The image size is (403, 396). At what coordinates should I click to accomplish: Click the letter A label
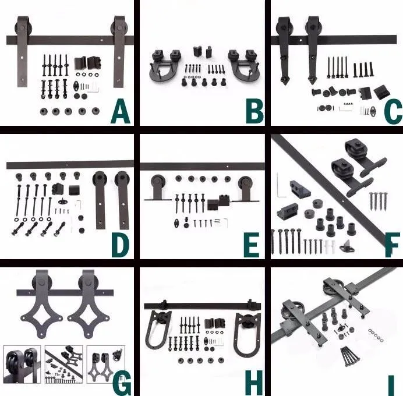point(119,112)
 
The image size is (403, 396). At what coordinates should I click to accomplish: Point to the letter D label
point(119,245)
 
